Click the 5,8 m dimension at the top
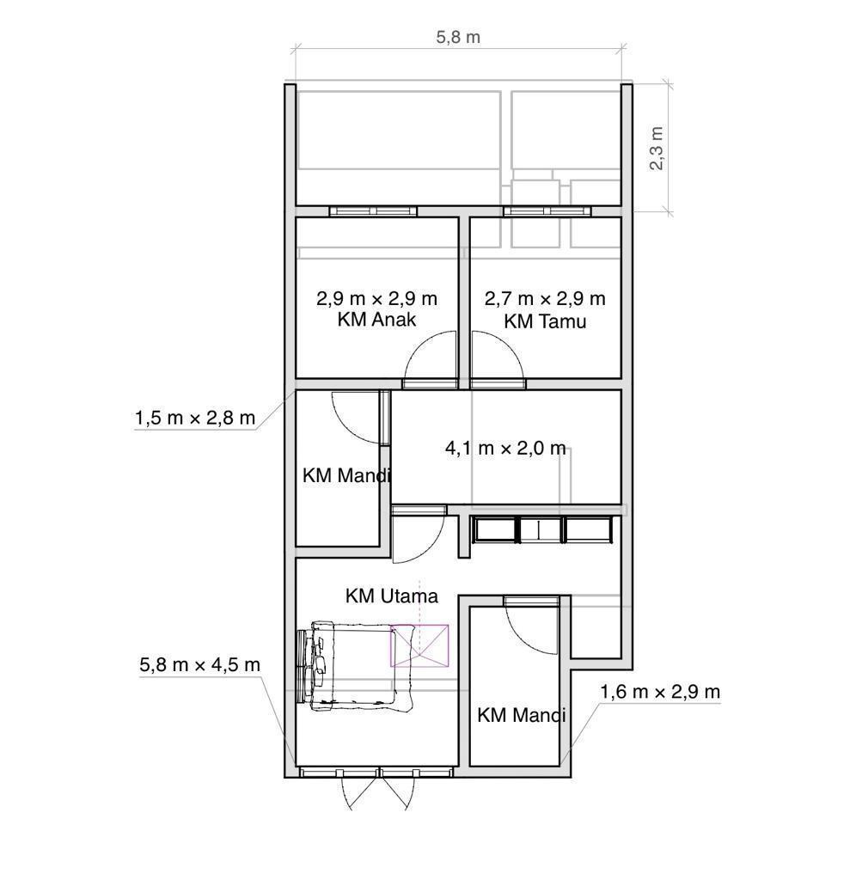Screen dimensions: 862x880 point(458,37)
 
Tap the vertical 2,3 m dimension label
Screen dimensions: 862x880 point(656,148)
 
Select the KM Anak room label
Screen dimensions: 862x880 point(376,320)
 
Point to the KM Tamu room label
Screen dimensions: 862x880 point(545,321)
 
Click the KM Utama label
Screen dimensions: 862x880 point(392,596)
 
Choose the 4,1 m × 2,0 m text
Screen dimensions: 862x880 point(505,448)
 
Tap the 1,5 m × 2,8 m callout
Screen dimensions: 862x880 point(195,418)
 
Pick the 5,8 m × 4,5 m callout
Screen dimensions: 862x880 point(199,664)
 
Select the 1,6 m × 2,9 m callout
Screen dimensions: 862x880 point(660,692)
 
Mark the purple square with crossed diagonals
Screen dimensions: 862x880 point(419,645)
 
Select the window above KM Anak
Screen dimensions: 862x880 point(373,211)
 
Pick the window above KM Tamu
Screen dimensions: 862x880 point(547,211)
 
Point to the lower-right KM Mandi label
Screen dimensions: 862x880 point(522,715)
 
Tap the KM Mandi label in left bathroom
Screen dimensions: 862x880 point(346,475)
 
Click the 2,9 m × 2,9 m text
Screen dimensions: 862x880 point(376,298)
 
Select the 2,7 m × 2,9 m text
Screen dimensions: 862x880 point(545,298)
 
